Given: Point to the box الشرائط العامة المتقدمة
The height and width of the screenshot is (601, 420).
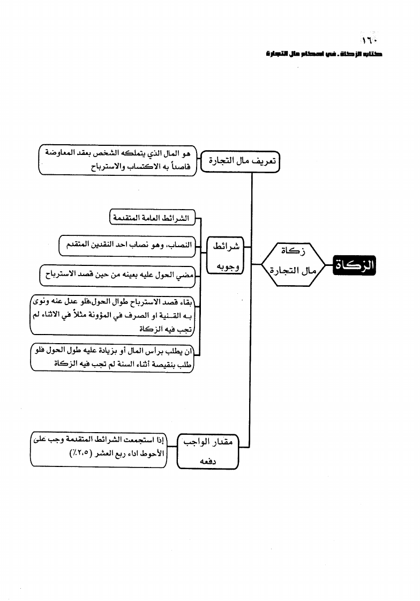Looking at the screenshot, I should [152, 219].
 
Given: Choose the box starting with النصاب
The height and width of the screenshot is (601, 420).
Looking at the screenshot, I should [127, 246].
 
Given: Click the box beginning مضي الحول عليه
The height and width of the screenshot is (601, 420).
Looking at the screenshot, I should [116, 274].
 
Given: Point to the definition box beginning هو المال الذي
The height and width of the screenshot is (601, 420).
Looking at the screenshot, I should [118, 160].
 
